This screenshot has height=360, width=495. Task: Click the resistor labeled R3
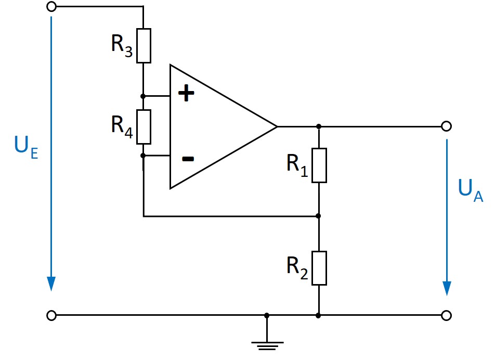tap(144, 46)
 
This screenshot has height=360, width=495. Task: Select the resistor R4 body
tap(144, 126)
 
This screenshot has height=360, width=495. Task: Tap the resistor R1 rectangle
tap(319, 165)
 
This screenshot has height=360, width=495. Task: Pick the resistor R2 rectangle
tap(319, 268)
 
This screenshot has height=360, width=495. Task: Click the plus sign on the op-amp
tap(186, 94)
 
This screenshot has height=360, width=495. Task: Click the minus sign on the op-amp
tap(188, 158)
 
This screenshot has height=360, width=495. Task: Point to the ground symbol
tap(267, 344)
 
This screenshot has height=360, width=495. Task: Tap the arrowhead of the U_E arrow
tap(51, 284)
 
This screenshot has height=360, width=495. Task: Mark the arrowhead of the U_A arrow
tap(446, 288)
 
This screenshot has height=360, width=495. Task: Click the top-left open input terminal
tap(51, 7)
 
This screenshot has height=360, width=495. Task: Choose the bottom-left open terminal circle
tap(51, 315)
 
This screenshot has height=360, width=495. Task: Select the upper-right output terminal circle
tap(446, 126)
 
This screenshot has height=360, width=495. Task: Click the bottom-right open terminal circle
tap(446, 315)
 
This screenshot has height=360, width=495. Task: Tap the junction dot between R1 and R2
tap(319, 216)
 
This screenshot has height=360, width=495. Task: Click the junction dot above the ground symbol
tap(267, 315)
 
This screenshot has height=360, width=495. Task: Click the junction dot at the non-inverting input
tap(144, 96)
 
